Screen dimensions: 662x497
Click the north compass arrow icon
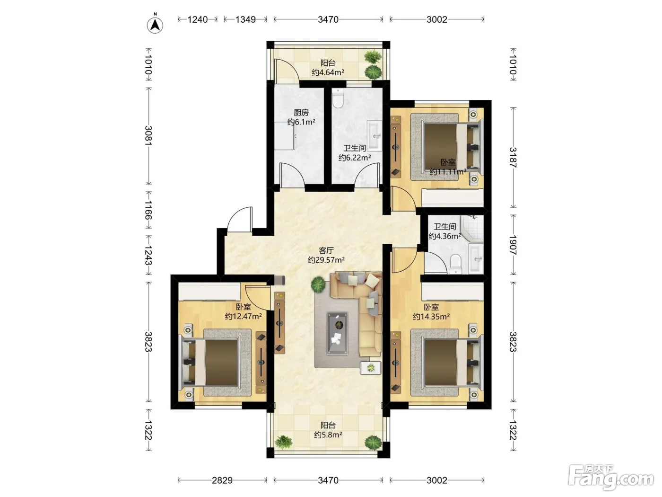pyautogui.click(x=155, y=25)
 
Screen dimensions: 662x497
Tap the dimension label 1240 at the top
pyautogui.click(x=198, y=19)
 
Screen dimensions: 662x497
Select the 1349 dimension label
pyautogui.click(x=245, y=19)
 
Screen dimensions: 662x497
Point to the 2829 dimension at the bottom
pyautogui.click(x=222, y=480)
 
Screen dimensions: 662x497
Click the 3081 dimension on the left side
pyautogui.click(x=148, y=135)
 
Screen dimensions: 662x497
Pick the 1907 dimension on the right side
pyautogui.click(x=513, y=245)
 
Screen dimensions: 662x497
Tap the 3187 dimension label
pyautogui.click(x=513, y=157)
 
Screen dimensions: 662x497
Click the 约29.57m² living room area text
pyautogui.click(x=326, y=260)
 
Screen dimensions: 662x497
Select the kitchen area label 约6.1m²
pyautogui.click(x=301, y=122)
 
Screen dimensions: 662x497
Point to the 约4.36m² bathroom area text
pyautogui.click(x=445, y=236)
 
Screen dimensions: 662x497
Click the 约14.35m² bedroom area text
pyautogui.click(x=431, y=317)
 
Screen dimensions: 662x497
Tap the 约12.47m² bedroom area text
pyautogui.click(x=244, y=316)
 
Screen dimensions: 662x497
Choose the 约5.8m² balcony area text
pyautogui.click(x=328, y=435)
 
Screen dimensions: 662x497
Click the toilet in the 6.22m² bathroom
pyautogui.click(x=338, y=98)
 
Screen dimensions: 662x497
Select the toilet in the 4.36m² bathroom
pyautogui.click(x=455, y=264)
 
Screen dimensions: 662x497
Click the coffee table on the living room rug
pyautogui.click(x=337, y=333)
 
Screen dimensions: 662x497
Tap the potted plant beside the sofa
pyautogui.click(x=318, y=284)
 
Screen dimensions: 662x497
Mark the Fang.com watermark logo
pyautogui.click(x=611, y=478)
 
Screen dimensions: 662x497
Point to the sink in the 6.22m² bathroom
pyautogui.click(x=375, y=136)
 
